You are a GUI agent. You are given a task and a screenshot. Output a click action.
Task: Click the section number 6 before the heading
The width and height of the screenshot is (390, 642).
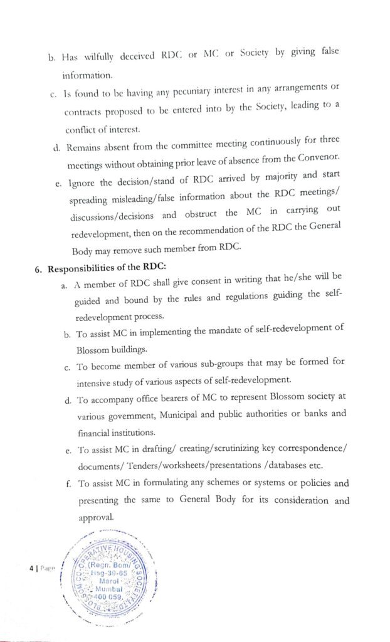click(38, 270)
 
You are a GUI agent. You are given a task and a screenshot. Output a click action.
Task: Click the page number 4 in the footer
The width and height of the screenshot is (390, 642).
click(29, 567)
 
